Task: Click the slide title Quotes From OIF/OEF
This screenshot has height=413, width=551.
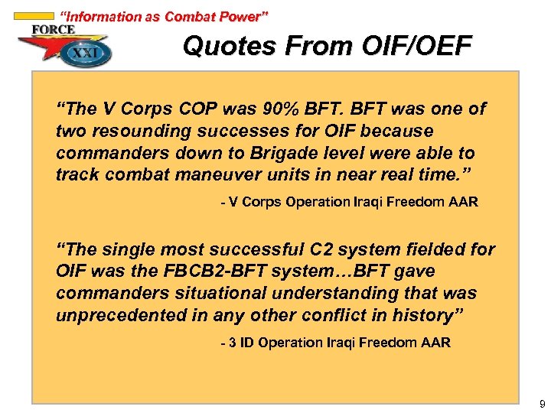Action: pyautogui.click(x=327, y=47)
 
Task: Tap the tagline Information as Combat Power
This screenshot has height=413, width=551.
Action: pyautogui.click(x=164, y=16)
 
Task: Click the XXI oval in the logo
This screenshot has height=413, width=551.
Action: pyautogui.click(x=87, y=54)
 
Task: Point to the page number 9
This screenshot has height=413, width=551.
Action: pyautogui.click(x=542, y=403)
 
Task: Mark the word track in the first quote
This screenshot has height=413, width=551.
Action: pyautogui.click(x=80, y=174)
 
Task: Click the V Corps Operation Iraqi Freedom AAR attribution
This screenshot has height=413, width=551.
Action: pyautogui.click(x=348, y=203)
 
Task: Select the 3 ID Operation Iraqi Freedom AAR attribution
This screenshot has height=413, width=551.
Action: pyautogui.click(x=335, y=343)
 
